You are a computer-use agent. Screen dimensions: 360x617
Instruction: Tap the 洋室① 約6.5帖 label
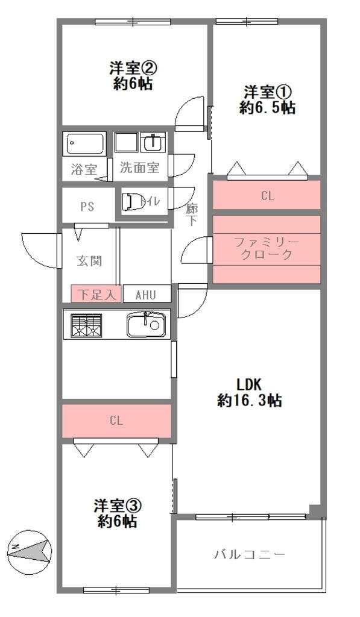pos(267,100)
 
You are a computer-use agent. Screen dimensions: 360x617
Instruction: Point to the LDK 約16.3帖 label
pos(249,392)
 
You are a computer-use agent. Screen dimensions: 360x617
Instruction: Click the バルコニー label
pos(249,555)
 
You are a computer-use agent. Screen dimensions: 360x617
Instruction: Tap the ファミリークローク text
pos(267,248)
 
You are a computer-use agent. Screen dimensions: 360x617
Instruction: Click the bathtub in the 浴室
pos(85,143)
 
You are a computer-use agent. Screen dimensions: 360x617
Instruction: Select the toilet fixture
pos(130,201)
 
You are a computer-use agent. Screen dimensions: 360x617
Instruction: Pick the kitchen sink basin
pos(146,324)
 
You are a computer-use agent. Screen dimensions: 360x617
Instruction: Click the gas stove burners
pos(86,325)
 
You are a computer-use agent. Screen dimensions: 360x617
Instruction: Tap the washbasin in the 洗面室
pos(153,142)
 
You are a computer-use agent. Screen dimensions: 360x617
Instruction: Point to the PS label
pos(87,207)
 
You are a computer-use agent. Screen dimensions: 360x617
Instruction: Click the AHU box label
pos(146,295)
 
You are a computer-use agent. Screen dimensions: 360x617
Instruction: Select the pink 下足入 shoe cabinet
pos(96,293)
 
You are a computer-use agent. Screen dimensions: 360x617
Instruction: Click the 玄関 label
pos(89,260)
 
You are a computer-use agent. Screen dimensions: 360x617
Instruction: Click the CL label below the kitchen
pos(116,421)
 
